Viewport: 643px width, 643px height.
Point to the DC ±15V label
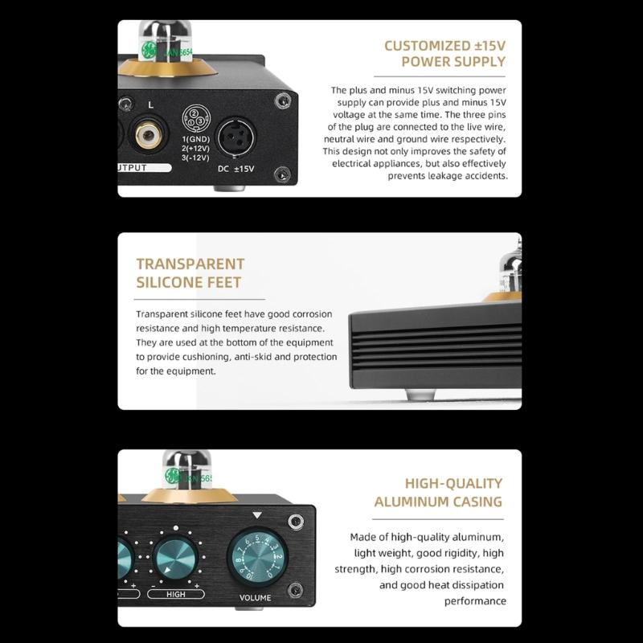[x=235, y=168]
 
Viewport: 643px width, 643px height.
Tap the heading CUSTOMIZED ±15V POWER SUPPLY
[x=444, y=54]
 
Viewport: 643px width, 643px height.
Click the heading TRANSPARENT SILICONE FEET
[x=190, y=273]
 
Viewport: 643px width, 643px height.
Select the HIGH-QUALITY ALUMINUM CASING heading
[x=438, y=493]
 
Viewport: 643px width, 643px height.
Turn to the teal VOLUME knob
[x=257, y=557]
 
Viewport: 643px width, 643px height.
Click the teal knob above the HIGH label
[x=176, y=557]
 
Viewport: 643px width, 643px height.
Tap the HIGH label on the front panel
[x=176, y=595]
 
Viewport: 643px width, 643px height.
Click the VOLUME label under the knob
[x=256, y=598]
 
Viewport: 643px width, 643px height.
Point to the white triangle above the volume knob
[x=257, y=515]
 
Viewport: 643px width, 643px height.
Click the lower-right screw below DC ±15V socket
[x=282, y=174]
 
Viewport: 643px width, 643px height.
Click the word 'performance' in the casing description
[x=475, y=600]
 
